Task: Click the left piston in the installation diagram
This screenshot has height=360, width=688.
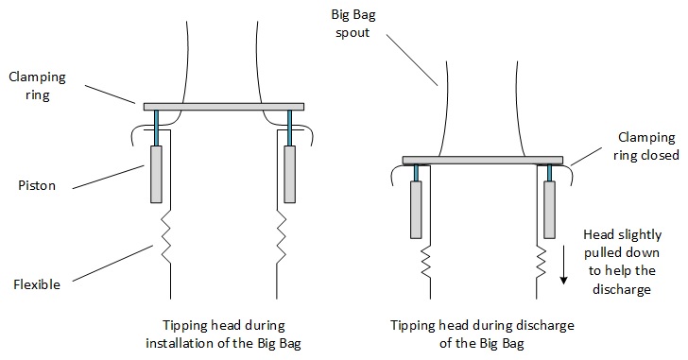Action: click(x=157, y=174)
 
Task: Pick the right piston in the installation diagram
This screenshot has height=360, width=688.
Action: click(x=288, y=174)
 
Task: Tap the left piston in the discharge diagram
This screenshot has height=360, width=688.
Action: click(x=417, y=209)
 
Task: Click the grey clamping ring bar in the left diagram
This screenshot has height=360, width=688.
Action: click(x=223, y=106)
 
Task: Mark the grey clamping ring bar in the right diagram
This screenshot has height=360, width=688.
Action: click(x=482, y=160)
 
